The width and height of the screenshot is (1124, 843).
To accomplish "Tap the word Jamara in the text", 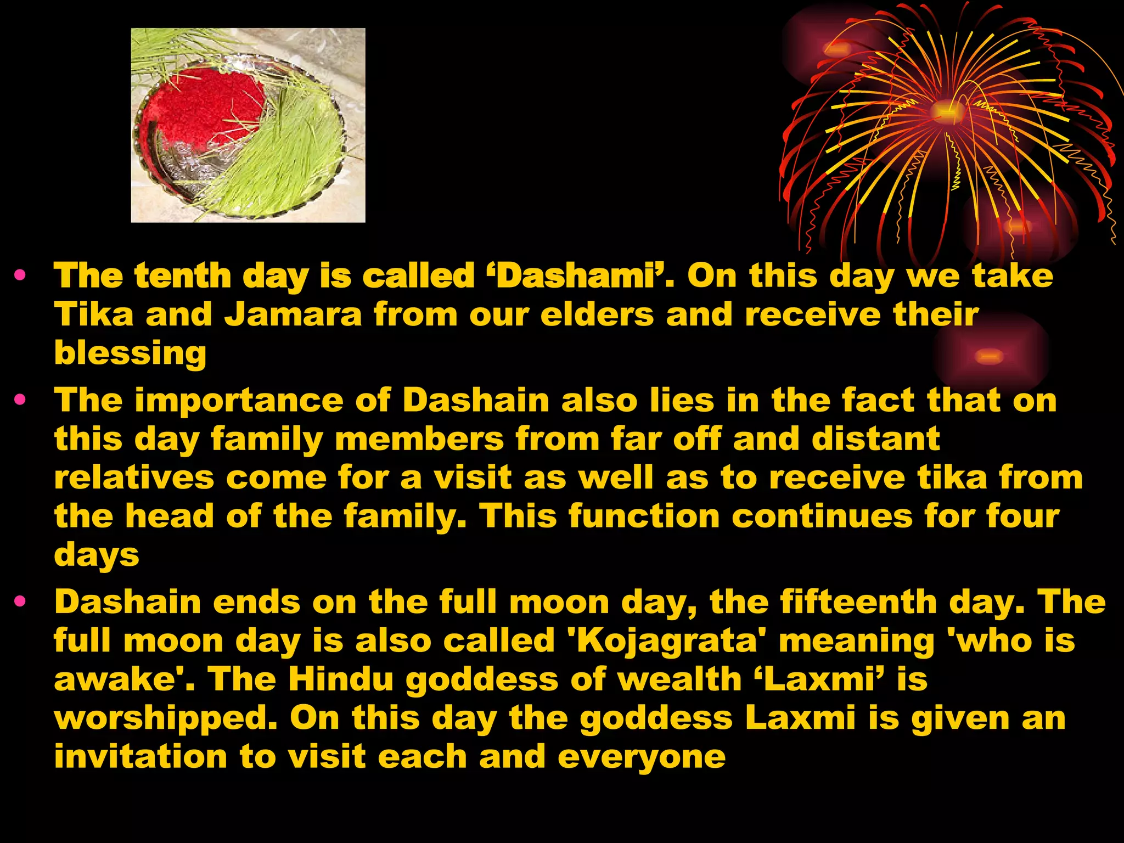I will [293, 315].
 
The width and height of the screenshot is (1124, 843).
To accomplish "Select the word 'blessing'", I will [130, 353].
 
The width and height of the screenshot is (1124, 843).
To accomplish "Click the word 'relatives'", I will [134, 477].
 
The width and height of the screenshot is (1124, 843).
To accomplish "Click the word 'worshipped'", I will [165, 718].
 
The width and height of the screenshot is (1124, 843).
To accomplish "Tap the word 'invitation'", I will [140, 757].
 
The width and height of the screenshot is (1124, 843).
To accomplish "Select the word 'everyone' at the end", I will [642, 757].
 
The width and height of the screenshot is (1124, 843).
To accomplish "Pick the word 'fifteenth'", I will [824, 602].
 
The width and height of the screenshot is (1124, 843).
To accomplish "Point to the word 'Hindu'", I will [341, 679].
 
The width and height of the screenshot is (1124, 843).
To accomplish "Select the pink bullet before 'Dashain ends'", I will [21, 602].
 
